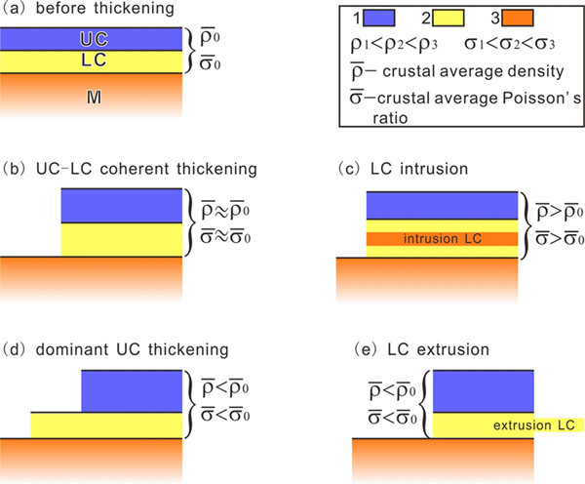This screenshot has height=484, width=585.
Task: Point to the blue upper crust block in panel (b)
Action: point(121,205)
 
